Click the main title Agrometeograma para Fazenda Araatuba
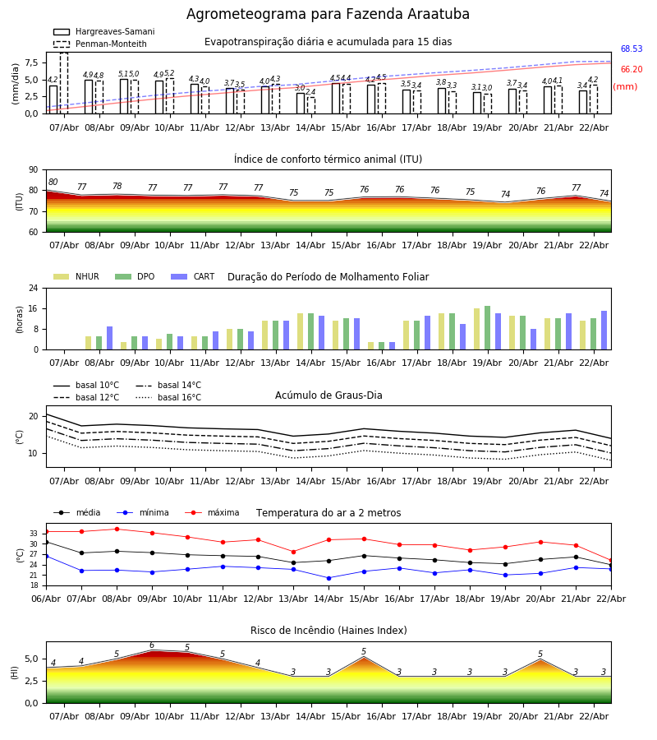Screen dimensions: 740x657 pos(328,15)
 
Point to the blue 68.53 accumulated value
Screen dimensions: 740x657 pos(631,49)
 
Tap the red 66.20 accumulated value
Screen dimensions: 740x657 pos(631,70)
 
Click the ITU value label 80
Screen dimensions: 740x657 pos(53,183)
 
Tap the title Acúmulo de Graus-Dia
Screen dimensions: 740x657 pos(328,395)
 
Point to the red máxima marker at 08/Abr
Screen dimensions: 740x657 pos(117,530)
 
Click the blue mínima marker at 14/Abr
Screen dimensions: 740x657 pos(328,578)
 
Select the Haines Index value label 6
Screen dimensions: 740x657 pos(152,645)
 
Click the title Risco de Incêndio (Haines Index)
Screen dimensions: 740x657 pos(328,631)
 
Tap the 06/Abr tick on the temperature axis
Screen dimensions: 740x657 pos(46,598)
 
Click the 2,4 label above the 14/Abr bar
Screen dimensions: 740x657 pos(310,93)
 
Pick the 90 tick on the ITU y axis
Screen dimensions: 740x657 pos(37,170)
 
